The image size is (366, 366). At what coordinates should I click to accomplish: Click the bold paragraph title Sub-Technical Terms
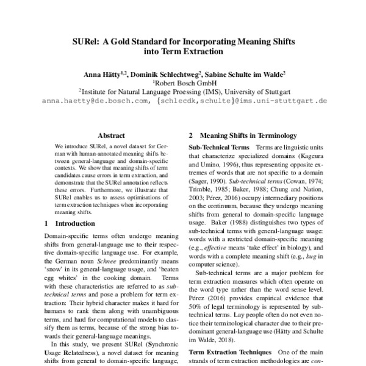click(x=219, y=148)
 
